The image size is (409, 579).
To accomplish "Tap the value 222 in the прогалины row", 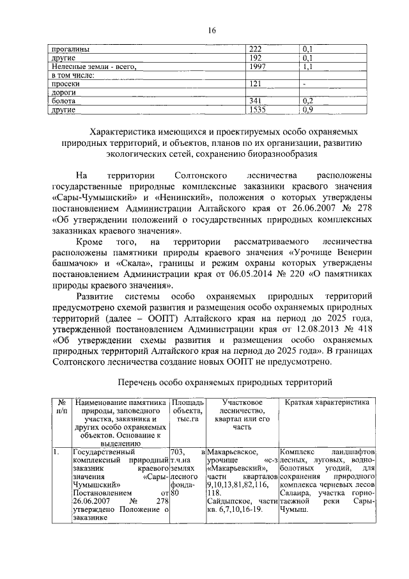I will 256,49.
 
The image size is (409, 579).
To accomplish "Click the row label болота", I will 65,101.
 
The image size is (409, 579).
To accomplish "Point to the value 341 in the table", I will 256,101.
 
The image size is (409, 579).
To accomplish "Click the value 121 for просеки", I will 256,84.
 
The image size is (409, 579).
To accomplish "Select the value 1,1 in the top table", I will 307,66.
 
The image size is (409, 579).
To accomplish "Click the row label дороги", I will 65,93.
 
